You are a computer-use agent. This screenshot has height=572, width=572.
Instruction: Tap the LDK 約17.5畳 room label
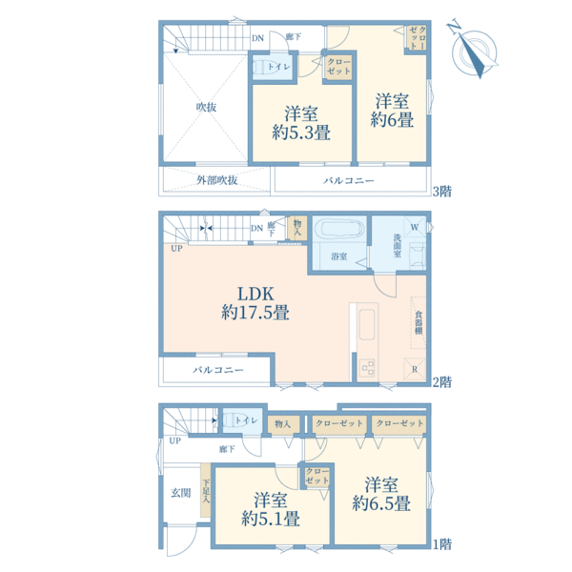255,303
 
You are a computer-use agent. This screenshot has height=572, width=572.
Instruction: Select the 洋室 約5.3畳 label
301,123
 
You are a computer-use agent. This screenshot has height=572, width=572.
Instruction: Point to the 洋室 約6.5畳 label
381,494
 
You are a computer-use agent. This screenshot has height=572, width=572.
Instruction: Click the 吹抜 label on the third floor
207,107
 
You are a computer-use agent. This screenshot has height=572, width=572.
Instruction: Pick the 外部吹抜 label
217,180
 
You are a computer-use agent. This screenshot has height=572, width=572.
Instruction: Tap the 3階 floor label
442,192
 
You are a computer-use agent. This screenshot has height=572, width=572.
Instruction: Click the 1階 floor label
442,544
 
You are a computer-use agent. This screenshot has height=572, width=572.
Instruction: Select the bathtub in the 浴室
343,229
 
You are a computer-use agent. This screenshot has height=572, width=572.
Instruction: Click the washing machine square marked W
415,227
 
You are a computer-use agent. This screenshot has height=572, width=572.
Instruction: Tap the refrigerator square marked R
415,369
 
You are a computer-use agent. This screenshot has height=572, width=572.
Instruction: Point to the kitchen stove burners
368,368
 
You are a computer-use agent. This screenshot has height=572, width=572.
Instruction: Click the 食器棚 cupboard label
419,322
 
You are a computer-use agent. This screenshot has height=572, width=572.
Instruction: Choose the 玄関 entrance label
181,493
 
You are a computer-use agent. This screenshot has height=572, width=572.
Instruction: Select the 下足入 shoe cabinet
206,490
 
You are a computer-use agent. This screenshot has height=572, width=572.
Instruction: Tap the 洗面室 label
398,245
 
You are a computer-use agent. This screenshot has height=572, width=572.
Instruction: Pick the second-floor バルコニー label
217,370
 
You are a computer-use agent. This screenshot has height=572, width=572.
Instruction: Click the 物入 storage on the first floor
283,424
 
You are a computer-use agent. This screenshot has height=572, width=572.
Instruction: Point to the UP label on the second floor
176,249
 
